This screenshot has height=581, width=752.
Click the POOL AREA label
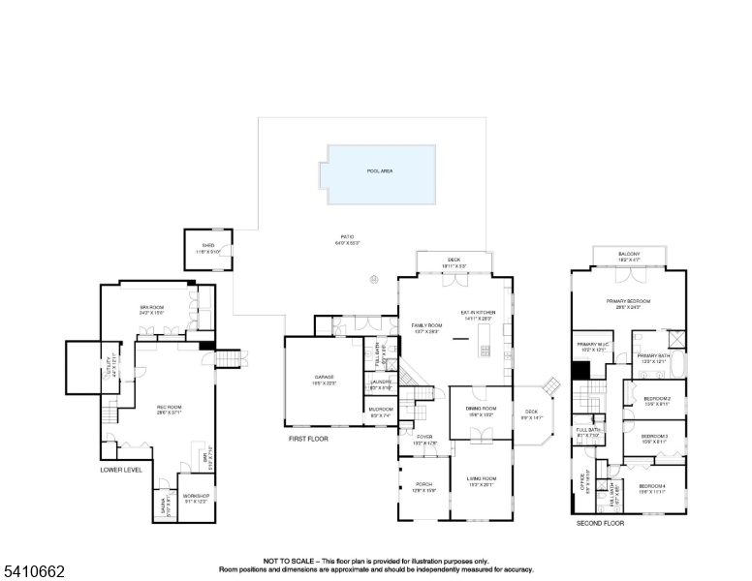[379, 171]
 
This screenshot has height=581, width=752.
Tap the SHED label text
[207, 246]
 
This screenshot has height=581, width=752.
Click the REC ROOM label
[170, 407]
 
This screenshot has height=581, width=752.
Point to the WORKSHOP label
[196, 496]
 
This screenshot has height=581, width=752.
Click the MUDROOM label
[381, 410]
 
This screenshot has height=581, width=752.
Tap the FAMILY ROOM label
[425, 325]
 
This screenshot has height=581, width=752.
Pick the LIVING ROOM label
[481, 478]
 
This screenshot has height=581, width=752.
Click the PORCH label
[423, 485]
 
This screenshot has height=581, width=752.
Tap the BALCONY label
[629, 255]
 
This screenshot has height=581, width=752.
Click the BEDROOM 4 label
[651, 485]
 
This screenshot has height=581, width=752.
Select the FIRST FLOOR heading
[309, 439]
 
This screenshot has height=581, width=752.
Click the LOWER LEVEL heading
[120, 470]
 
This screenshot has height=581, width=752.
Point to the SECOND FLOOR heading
[600, 523]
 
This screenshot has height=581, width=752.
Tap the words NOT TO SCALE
[288, 561]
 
